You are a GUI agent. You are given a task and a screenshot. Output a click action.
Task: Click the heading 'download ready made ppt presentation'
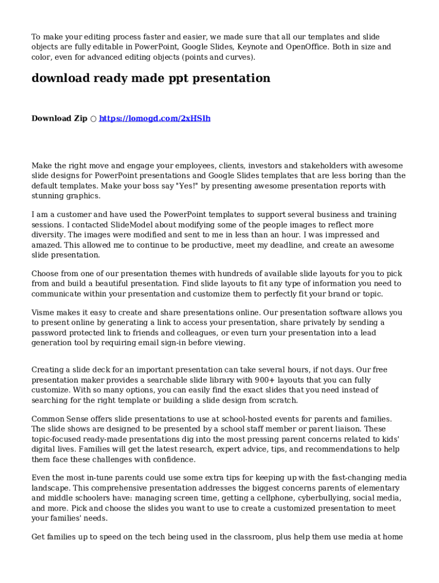pos(151,79)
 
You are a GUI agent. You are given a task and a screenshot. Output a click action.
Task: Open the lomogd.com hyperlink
pos(155,118)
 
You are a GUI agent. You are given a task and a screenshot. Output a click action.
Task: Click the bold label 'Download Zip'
pos(59,118)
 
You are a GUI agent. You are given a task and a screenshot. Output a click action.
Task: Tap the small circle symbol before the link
pos(93,119)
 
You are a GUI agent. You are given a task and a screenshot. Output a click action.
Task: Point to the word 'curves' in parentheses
pos(239,57)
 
